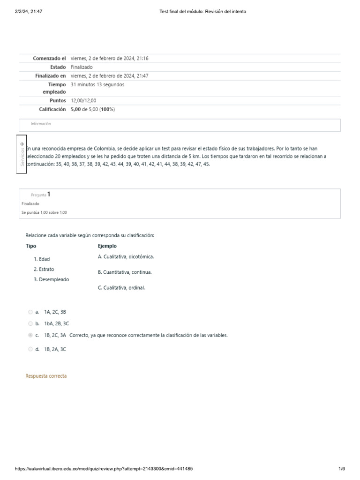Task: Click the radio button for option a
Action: (x=30, y=312)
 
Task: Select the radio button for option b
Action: (x=30, y=323)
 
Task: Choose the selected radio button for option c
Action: (x=30, y=335)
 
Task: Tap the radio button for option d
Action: (x=30, y=349)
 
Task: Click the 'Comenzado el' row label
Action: (x=49, y=59)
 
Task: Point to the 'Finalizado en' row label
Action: (x=50, y=75)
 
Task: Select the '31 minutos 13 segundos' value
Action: (x=97, y=85)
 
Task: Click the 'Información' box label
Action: (x=41, y=124)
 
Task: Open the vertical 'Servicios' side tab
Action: (x=22, y=154)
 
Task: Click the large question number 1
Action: (x=49, y=194)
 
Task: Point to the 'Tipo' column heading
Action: (x=30, y=246)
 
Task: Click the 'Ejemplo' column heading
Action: (x=107, y=246)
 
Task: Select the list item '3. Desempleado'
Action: (x=51, y=279)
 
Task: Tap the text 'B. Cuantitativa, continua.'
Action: (x=125, y=272)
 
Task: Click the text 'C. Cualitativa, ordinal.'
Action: (x=121, y=288)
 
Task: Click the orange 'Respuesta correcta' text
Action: (x=46, y=376)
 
